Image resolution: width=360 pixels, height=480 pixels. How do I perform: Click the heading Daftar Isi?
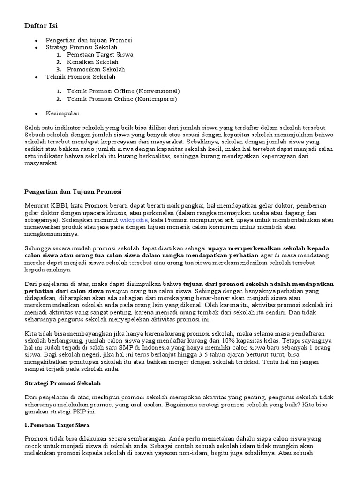click(x=41, y=25)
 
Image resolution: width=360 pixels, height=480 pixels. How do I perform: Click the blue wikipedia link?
click(x=134, y=219)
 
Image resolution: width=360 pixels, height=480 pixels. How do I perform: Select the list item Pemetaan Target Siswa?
click(x=100, y=54)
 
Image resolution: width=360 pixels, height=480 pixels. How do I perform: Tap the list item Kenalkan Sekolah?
click(x=92, y=62)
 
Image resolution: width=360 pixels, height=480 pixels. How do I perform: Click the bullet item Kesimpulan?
click(x=63, y=113)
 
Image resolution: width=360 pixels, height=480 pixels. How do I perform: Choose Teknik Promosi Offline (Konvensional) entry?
click(x=123, y=91)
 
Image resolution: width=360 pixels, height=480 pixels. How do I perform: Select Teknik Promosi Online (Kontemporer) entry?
click(x=122, y=99)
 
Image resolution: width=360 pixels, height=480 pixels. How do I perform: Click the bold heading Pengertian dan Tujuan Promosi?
click(x=73, y=191)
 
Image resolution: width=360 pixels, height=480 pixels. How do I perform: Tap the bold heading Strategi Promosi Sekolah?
click(x=62, y=383)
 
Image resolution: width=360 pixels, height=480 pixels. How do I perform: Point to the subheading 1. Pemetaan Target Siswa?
click(x=56, y=425)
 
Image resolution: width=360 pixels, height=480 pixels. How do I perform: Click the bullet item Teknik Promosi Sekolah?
click(x=80, y=77)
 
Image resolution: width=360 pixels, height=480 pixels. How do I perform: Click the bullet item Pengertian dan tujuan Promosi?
click(x=89, y=40)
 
